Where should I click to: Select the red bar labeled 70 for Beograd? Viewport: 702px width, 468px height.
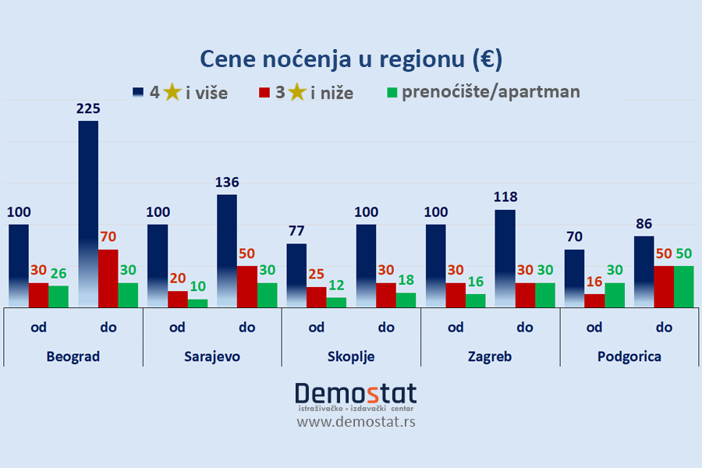[108, 278]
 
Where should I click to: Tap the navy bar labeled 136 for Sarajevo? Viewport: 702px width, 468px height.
[227, 250]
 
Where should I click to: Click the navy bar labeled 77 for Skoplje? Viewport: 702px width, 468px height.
[296, 275]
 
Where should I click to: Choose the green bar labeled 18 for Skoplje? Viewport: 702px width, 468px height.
[406, 300]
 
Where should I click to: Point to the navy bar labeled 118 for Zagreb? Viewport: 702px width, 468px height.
[505, 258]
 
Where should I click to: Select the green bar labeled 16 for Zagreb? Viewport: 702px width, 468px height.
[476, 300]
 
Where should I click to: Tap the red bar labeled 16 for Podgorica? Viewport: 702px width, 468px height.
[594, 300]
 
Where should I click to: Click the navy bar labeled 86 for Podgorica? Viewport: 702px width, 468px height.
[644, 271]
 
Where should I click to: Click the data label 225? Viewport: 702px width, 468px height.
[88, 108]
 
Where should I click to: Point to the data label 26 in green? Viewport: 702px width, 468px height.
[58, 273]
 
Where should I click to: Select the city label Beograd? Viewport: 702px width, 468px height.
[73, 356]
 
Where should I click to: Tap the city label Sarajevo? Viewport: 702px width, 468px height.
[212, 356]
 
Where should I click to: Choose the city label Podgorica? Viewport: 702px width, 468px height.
[629, 356]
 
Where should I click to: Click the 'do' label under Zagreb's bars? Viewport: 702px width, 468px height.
[524, 327]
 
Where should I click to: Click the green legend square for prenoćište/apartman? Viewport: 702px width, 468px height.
[392, 92]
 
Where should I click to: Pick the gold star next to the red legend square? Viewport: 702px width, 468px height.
[296, 93]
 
